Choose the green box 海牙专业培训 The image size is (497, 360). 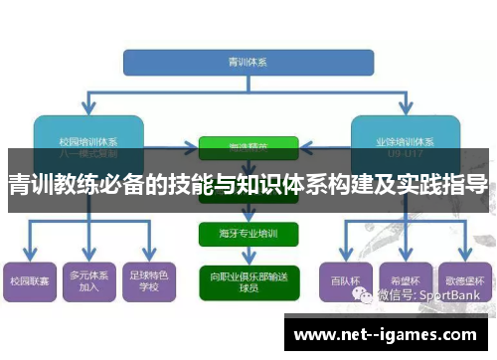[x=248, y=233]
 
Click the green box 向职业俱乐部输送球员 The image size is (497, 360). [x=248, y=278]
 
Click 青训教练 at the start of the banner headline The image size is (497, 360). [x=41, y=184]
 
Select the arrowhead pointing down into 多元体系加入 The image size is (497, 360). [x=87, y=257]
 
